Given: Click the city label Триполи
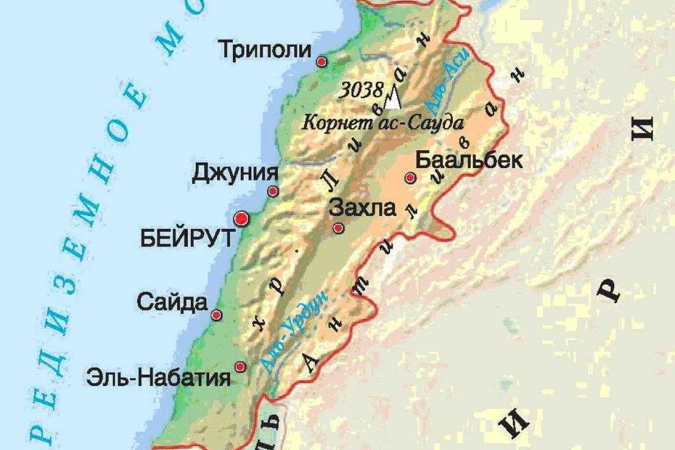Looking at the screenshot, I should pyautogui.click(x=264, y=50).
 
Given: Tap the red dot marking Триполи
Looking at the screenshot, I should pyautogui.click(x=322, y=62).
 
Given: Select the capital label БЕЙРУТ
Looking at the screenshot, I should pyautogui.click(x=186, y=239).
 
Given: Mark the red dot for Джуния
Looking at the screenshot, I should pyautogui.click(x=273, y=191).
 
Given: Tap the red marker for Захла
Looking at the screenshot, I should pyautogui.click(x=338, y=228).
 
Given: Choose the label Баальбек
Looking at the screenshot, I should pyautogui.click(x=469, y=161).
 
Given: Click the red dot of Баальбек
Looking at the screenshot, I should pyautogui.click(x=410, y=178).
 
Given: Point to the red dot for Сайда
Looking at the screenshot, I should pyautogui.click(x=217, y=316).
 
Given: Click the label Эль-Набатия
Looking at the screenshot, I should pyautogui.click(x=158, y=377).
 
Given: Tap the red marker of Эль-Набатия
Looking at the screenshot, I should pyautogui.click(x=240, y=367).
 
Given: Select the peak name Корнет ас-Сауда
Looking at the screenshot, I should pyautogui.click(x=382, y=123).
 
